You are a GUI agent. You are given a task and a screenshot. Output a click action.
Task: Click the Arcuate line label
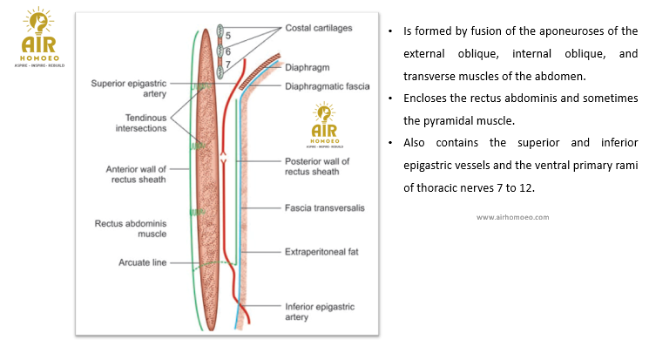click(143, 262)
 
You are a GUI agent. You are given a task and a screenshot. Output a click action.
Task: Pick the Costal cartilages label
click(319, 29)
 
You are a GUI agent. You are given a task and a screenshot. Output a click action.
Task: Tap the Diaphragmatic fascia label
click(327, 86)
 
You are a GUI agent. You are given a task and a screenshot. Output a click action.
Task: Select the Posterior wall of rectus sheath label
click(317, 167)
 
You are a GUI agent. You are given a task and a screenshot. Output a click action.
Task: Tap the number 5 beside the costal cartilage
click(227, 35)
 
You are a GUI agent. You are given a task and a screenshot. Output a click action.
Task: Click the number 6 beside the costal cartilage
click(227, 51)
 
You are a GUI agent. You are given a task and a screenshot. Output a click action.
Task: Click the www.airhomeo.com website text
click(512, 217)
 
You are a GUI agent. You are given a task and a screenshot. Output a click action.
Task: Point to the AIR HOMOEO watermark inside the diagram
click(323, 125)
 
